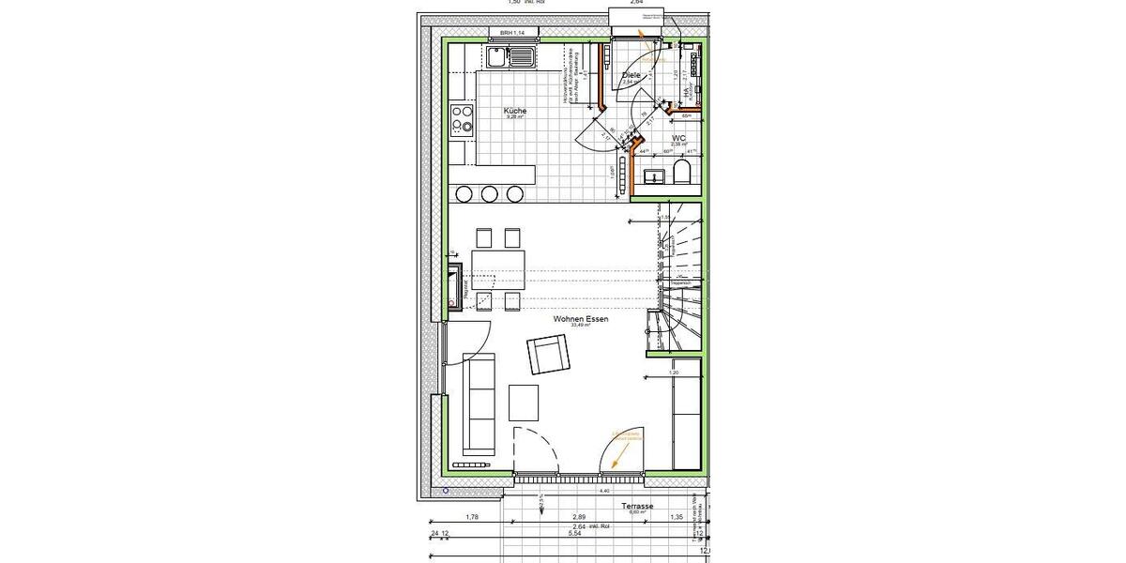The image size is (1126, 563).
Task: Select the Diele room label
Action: coord(631,75)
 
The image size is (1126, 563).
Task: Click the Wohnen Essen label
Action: coord(581,320)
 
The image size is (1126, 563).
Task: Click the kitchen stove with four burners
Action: coord(462,122)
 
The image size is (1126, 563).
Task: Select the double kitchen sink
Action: coord(512,58)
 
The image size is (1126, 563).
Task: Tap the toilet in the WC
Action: coord(682,173)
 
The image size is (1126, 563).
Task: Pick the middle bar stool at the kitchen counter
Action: coord(490,193)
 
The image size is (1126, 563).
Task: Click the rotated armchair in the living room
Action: coord(549,355)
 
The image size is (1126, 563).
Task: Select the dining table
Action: coord(496,269)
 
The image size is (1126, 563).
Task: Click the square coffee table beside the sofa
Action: coord(525,403)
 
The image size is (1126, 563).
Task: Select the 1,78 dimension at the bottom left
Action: coord(472,517)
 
